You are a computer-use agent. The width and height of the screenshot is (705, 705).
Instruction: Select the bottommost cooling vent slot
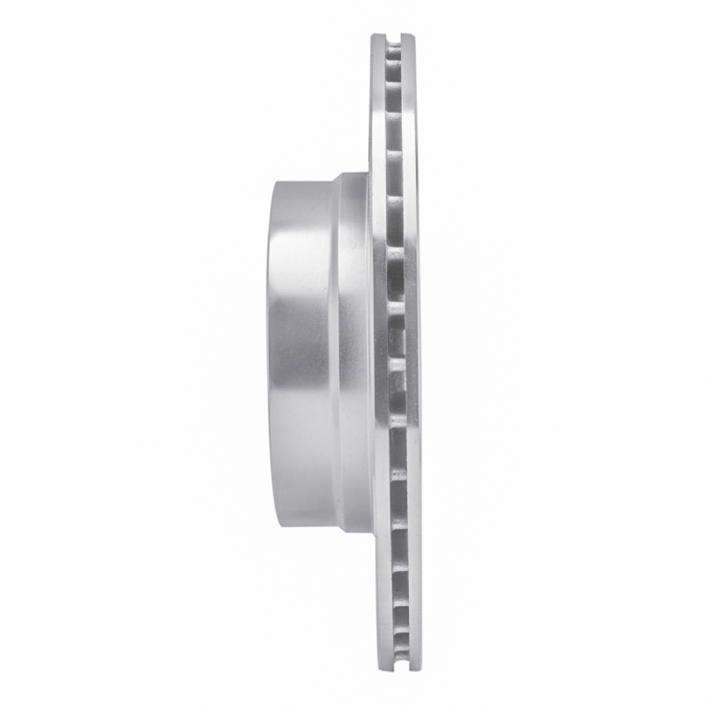(x=394, y=652)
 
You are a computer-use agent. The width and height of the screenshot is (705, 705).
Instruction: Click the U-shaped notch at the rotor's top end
(x=394, y=40)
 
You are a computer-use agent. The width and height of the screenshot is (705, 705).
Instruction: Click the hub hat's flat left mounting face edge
(x=269, y=352)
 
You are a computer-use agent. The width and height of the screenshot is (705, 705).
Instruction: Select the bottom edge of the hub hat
(x=304, y=527)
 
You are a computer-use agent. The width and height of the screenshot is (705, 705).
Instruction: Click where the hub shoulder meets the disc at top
(x=370, y=172)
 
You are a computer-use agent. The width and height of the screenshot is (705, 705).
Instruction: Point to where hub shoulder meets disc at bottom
(x=370, y=534)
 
